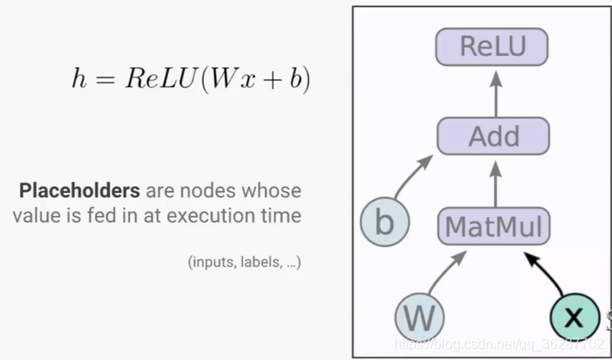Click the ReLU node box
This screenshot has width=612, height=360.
click(492, 46)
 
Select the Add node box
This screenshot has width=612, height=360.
click(493, 136)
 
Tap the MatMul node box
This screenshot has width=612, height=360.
click(494, 227)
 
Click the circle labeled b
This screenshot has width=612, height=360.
click(385, 223)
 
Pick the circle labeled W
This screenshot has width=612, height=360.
click(420, 318)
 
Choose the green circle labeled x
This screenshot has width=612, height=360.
click(574, 318)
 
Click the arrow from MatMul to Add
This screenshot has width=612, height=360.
click(494, 182)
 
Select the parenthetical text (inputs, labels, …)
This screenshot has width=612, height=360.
click(244, 262)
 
